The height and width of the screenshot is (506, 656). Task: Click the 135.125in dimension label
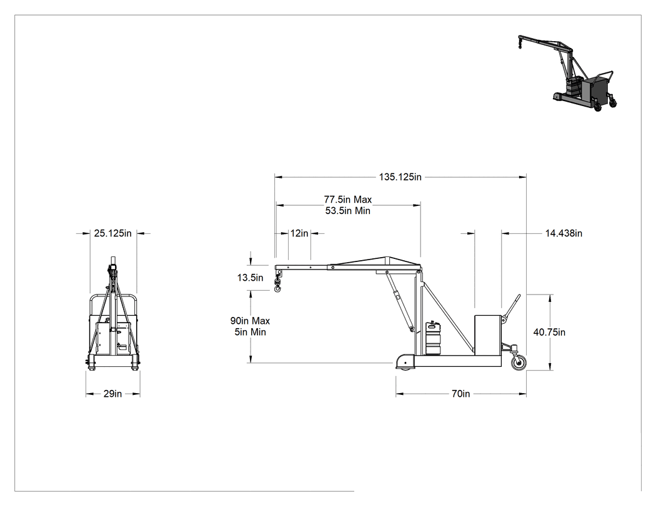400,177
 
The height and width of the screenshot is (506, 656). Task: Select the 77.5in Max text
347,200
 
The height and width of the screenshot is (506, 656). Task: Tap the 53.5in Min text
347,211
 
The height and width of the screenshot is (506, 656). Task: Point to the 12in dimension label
299,233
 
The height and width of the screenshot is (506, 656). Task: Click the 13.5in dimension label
250,278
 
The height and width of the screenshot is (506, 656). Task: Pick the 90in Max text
250,321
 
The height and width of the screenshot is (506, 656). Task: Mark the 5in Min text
250,332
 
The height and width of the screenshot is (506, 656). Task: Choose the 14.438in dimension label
564,233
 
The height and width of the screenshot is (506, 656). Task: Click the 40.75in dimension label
549,332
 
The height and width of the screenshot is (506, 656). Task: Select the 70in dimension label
460,394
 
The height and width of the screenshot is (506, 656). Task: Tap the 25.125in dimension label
112,233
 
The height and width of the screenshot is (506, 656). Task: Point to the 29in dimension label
112,394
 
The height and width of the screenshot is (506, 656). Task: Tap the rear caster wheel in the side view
519,362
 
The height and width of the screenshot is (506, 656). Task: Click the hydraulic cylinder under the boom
400,301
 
